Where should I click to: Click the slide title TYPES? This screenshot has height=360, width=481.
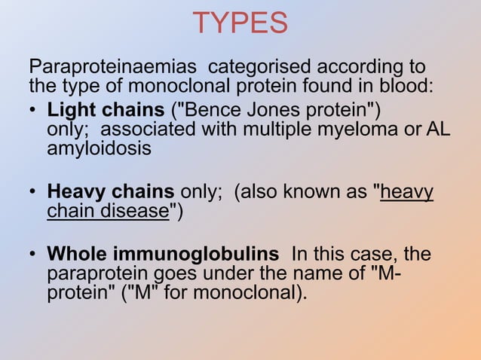coord(240,23)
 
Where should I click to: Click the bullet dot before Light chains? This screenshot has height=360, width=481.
coord(34,110)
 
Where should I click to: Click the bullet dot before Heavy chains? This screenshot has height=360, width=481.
coord(34,193)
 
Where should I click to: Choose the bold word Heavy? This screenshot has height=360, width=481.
coord(73,193)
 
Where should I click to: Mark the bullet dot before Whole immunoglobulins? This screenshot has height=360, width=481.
coord(34,255)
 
